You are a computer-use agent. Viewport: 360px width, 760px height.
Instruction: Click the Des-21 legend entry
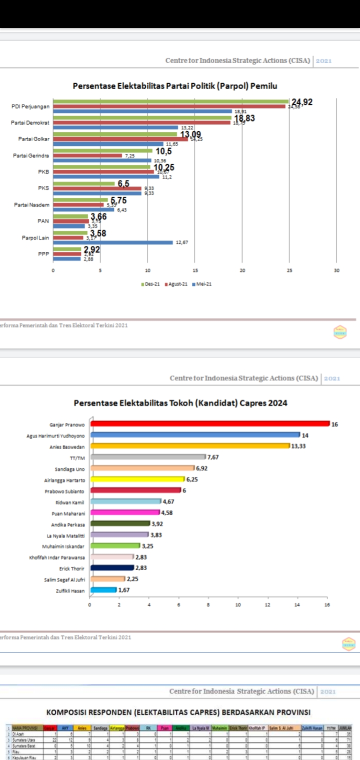(150, 284)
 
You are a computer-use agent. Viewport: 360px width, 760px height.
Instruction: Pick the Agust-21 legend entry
(176, 284)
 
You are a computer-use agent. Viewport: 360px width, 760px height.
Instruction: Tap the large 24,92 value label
(302, 102)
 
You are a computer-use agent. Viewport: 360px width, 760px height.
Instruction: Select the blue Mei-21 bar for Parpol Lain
(113, 242)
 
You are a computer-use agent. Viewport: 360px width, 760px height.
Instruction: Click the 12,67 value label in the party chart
(180, 242)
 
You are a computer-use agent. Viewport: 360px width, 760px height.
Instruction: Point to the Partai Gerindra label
(31, 155)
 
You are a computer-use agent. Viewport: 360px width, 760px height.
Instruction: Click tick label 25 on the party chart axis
(289, 270)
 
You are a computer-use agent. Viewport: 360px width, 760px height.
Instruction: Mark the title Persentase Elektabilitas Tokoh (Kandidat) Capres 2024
(180, 403)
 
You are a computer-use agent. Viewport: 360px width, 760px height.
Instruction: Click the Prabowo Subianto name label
(64, 491)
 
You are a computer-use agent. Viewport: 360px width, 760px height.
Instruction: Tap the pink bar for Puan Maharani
(125, 512)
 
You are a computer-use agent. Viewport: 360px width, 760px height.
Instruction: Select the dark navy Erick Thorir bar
(112, 568)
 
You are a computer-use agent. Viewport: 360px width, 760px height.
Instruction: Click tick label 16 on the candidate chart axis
(327, 604)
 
